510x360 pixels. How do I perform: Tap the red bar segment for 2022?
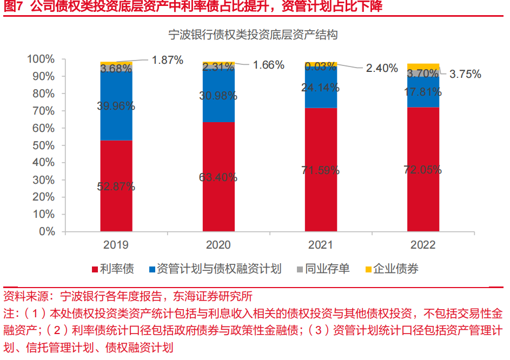pos(423,200)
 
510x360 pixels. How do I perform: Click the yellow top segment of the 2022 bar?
pos(423,66)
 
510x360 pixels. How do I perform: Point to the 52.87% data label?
pos(116,186)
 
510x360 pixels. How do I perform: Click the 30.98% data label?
pos(218,96)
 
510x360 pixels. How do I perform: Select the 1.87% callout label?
pos(168,60)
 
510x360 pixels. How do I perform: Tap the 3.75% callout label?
pos(465,75)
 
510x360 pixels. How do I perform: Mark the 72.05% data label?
pos(423,169)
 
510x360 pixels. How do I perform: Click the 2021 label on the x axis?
pos(321,245)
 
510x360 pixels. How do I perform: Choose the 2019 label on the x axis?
pos(116,245)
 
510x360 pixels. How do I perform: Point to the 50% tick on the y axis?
pos(41,145)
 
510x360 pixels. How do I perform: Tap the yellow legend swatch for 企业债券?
pos(369,269)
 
